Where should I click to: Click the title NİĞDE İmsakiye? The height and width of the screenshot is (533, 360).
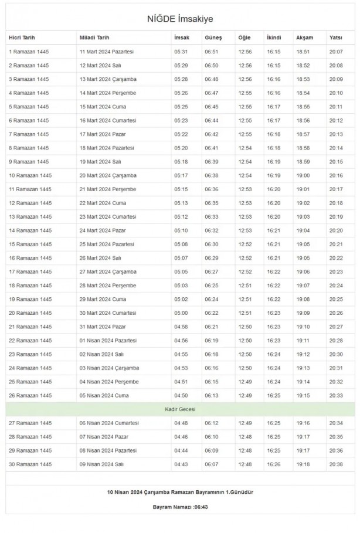coord(180,19)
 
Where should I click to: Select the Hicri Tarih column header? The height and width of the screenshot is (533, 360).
coord(22,38)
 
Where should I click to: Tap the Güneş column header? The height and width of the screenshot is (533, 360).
coord(212,38)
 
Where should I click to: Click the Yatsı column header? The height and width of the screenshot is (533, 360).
coord(335,38)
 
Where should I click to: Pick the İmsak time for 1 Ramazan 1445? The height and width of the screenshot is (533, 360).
coord(181,52)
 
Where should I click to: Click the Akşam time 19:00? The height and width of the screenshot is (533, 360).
coord(303,175)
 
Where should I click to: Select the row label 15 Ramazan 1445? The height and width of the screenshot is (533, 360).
coord(30,244)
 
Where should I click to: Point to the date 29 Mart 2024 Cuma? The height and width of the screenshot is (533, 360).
coord(103,299)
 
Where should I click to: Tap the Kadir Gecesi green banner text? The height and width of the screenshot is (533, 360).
coord(179,409)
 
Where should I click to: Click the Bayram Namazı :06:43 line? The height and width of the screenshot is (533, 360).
coord(179,506)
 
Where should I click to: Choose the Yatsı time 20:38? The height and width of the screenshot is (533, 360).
coord(336,464)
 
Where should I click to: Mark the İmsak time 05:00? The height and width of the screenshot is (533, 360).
coord(181,313)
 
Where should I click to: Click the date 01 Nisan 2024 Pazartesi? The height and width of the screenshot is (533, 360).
coord(108,340)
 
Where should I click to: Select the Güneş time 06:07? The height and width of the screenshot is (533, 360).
coord(211,464)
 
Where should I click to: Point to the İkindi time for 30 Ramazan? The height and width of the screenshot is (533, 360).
coord(274,464)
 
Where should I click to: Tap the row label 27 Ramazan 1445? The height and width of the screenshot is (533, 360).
coord(30,423)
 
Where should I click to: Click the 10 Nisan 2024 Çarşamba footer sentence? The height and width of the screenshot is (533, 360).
coord(180,491)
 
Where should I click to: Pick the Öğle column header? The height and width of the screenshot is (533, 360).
coord(244,38)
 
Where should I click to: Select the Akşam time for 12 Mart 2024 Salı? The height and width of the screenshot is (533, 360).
coord(303,66)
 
